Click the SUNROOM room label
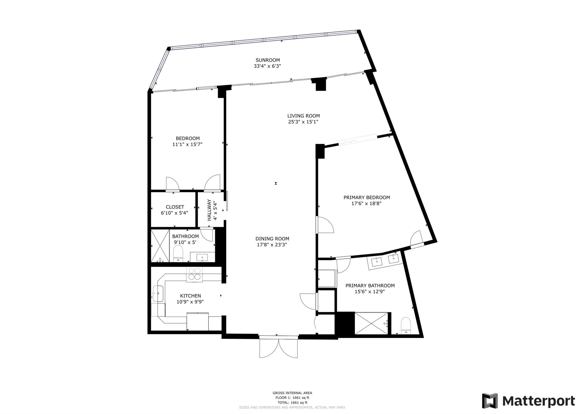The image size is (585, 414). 267,60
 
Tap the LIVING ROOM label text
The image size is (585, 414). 303,116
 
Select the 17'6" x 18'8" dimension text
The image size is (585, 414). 366,203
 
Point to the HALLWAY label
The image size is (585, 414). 209,210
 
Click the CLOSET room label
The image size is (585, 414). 175,207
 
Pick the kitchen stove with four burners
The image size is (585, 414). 195,275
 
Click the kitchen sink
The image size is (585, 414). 158,294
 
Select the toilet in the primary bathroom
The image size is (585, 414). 406,326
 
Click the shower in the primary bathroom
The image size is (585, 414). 371,323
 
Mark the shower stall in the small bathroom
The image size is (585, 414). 160,245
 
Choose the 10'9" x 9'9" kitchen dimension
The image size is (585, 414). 190,302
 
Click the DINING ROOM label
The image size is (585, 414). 272,239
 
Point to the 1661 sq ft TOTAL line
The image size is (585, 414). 292,402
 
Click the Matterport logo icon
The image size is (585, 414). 490,401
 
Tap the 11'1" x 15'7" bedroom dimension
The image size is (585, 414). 187,144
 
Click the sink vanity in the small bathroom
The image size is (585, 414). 202,257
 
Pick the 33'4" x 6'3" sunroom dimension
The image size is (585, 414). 267,66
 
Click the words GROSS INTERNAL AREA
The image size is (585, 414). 292,393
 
